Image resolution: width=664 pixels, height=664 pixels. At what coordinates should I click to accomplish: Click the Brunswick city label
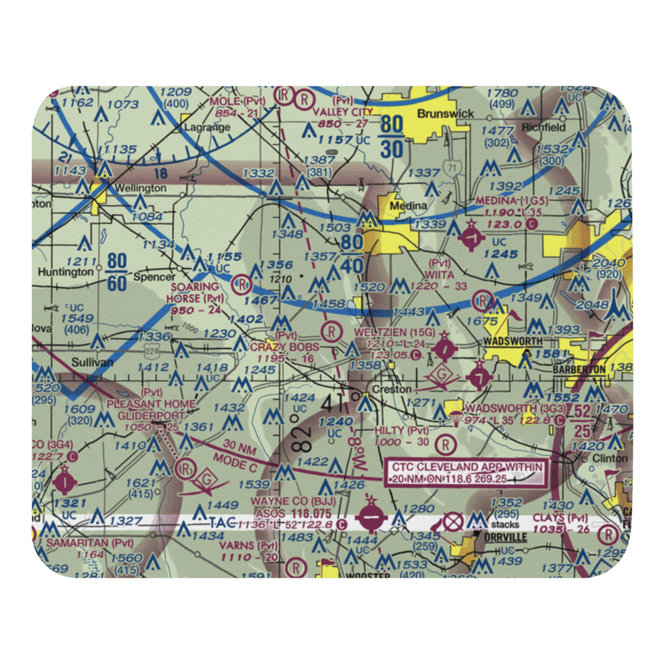click(445, 114)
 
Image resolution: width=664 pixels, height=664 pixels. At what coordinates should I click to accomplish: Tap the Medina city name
click(408, 206)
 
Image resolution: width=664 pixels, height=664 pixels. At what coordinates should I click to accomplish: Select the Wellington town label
click(141, 188)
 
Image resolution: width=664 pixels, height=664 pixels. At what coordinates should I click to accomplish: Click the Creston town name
click(391, 390)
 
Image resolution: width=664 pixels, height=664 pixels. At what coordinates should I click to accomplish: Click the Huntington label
click(66, 272)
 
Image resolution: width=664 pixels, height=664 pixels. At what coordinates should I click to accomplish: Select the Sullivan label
click(73, 363)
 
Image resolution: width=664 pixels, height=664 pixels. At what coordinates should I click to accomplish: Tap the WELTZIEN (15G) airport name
click(394, 331)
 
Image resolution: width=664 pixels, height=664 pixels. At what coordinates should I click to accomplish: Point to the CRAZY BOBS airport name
click(285, 347)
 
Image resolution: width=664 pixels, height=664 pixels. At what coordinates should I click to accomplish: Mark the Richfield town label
click(543, 127)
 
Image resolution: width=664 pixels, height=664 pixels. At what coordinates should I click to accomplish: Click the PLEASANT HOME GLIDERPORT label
click(151, 409)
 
